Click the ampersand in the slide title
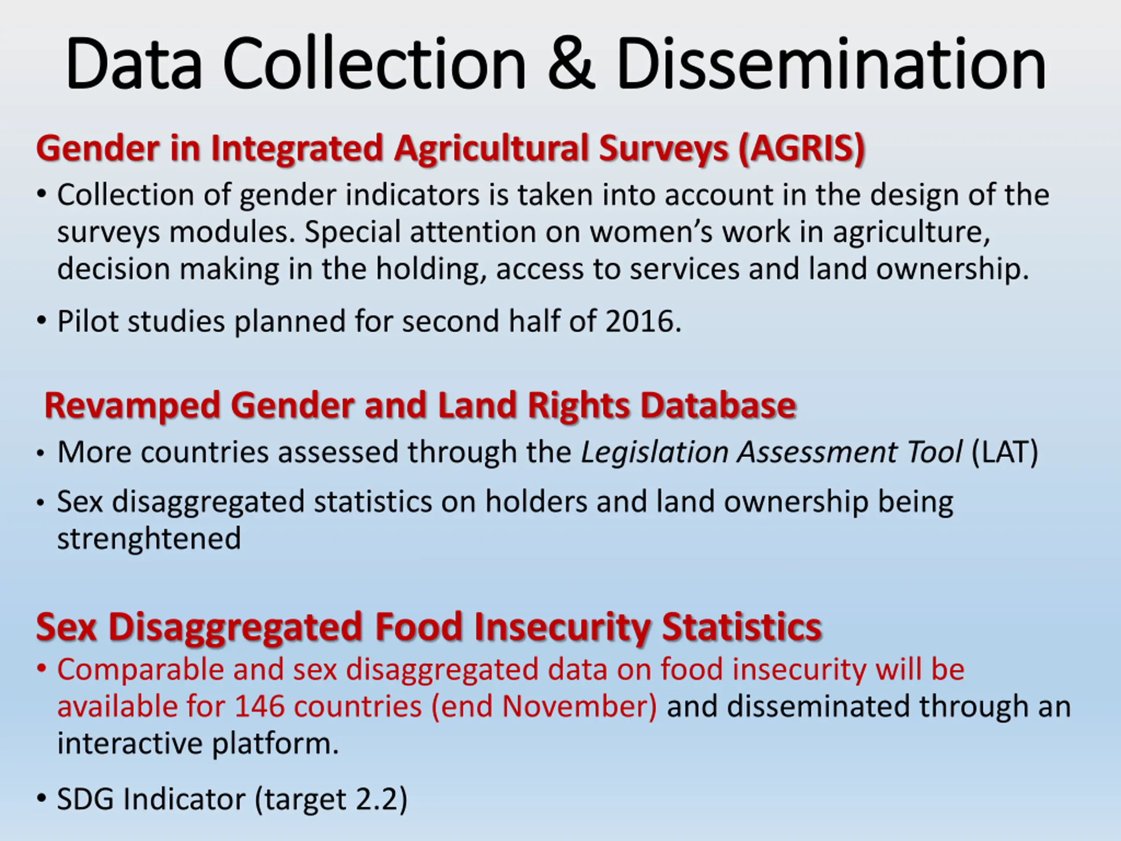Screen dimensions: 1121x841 [x=571, y=64]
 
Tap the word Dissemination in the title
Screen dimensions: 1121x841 [x=832, y=64]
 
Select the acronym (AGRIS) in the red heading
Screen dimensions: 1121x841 [x=802, y=149]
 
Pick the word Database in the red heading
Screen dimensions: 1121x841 [x=718, y=406]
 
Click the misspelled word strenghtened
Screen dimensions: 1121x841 [x=149, y=539]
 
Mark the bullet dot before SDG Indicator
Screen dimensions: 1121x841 [x=42, y=799]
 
